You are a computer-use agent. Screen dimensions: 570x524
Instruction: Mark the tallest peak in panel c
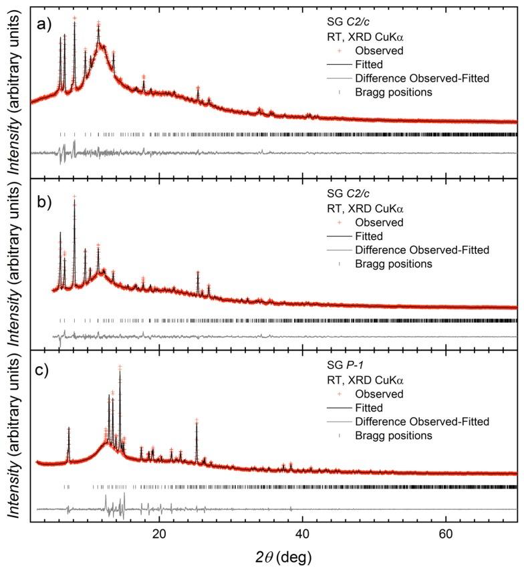coord(120,368)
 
